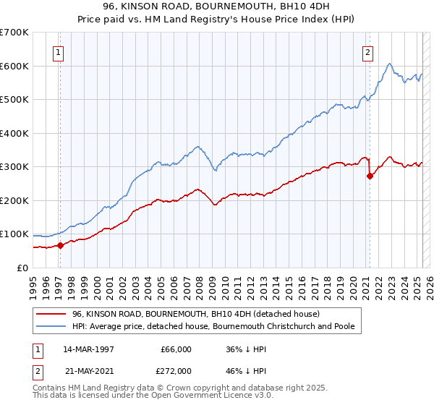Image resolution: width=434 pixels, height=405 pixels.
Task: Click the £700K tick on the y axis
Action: [14, 33]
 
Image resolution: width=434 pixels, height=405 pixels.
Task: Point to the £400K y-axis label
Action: [14, 133]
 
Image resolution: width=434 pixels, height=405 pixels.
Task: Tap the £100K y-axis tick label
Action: [14, 234]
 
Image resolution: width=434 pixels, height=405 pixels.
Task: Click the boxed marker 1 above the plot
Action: [58, 51]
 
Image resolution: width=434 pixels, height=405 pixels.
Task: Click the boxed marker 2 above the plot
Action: [368, 51]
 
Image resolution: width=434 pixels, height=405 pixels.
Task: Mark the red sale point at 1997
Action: [61, 245]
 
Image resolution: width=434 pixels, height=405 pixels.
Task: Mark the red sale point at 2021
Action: [370, 176]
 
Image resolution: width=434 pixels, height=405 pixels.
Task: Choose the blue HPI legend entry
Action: [213, 326]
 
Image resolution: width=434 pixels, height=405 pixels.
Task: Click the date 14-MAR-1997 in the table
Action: [88, 349]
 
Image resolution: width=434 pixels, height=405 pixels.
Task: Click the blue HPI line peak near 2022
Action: [389, 64]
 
